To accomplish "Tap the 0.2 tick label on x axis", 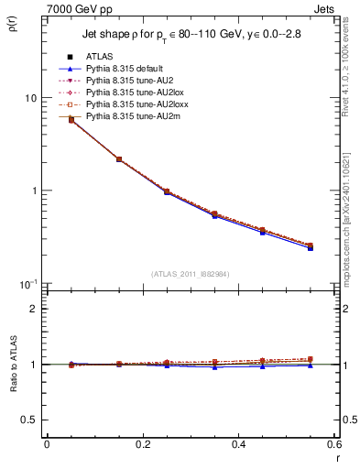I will point(142,444).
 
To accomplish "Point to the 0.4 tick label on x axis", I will point(238,444).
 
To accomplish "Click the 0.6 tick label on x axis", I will point(334,444).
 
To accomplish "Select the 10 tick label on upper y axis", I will point(30,98).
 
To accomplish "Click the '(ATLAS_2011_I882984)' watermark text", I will point(191,273).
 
